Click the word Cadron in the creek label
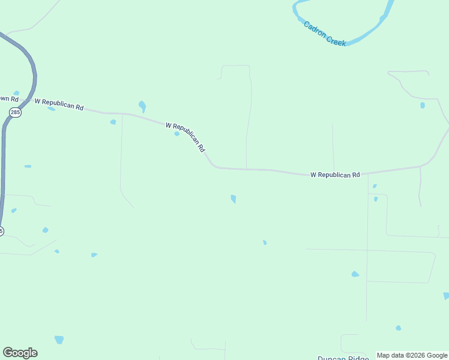coord(315,31)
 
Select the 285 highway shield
coord(16,112)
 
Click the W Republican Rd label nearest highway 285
coord(59,104)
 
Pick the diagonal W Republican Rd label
coord(185,137)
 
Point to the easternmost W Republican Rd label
coord(335,175)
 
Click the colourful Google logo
coord(20,353)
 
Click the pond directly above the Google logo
coord(59,340)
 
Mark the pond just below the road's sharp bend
coord(233,199)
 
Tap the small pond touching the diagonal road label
coord(176,134)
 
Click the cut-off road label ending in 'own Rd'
coord(9,98)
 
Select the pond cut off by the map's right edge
coord(446,296)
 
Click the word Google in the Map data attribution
coord(437,355)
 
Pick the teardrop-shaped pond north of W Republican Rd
coord(142,106)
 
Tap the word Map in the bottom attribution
coord(383,355)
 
